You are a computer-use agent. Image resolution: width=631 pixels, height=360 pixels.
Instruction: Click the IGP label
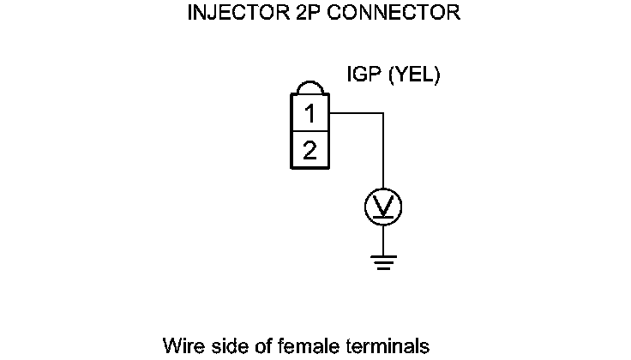tap(364, 75)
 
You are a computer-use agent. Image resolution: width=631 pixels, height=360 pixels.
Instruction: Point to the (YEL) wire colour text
tap(414, 75)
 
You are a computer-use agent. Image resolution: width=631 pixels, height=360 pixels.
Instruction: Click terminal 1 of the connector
tap(309, 113)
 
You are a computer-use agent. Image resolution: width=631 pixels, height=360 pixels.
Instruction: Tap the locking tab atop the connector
tap(309, 88)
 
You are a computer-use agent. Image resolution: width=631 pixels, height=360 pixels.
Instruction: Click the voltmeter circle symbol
tap(383, 206)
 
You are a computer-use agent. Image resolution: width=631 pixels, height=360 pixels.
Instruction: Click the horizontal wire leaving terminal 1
tap(355, 113)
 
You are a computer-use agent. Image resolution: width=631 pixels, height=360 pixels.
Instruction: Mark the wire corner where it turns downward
tap(383, 113)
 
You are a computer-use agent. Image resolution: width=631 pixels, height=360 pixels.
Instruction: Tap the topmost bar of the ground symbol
tap(383, 254)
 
